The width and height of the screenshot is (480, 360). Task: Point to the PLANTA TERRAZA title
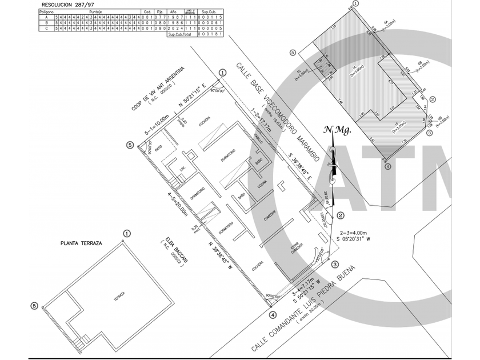point(81,243)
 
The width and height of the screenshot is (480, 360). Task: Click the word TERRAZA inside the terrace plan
point(119,295)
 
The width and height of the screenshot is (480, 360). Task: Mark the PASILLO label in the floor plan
point(258,139)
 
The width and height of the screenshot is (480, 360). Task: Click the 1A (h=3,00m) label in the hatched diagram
point(354,69)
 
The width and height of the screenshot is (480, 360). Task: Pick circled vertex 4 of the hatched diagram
point(387,167)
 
